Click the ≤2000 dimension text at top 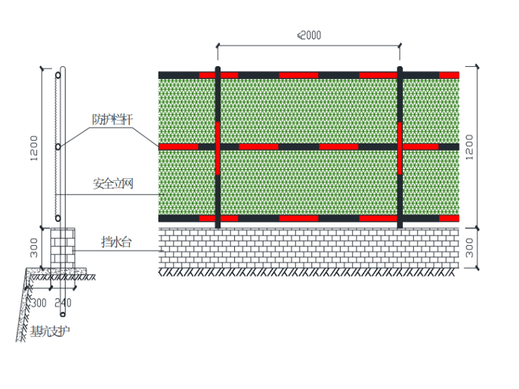tap(309, 35)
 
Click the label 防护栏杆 tap(113, 119)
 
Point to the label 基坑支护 tap(50, 332)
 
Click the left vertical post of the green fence tap(217, 147)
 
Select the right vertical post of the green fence tap(400, 147)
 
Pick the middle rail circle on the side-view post tap(59, 146)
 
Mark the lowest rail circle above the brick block tap(59, 218)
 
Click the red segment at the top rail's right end tap(449, 74)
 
